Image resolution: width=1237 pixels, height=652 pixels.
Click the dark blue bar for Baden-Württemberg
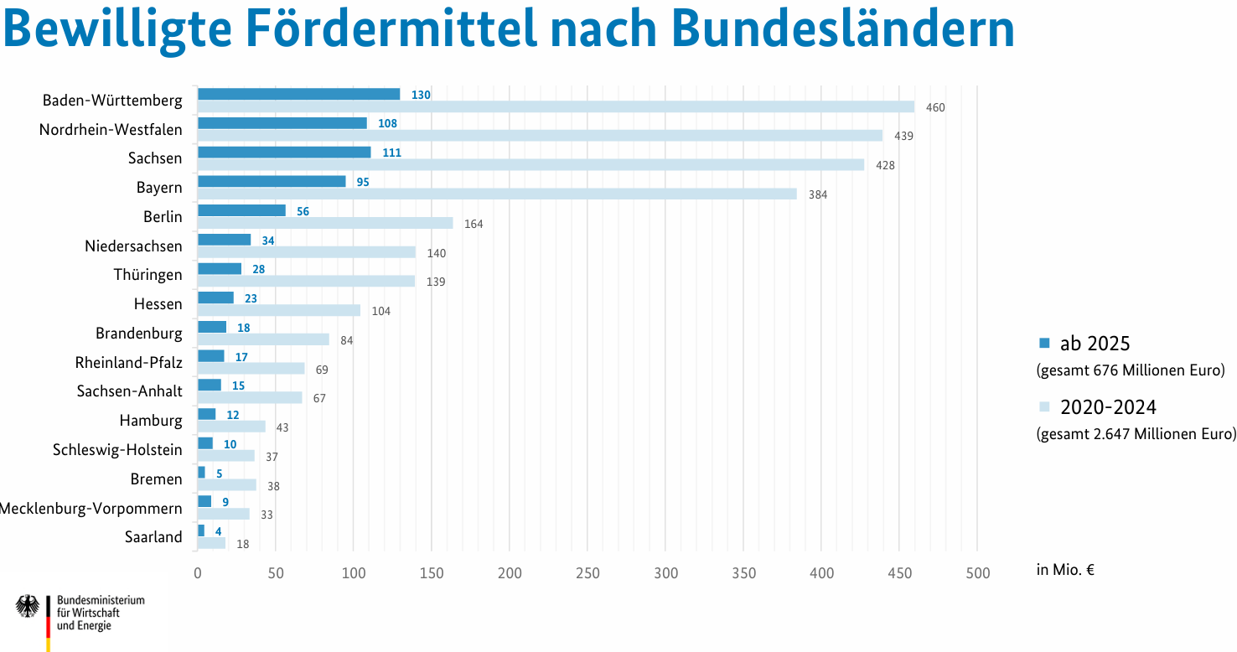298,95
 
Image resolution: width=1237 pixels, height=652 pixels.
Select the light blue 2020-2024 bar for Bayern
497,194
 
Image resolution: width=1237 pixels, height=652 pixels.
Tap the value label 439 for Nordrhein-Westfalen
903,136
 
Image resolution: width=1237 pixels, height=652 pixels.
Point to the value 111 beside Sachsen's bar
391,153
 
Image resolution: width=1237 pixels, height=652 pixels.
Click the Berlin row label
163,216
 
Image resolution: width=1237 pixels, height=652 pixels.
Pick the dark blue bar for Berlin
241,210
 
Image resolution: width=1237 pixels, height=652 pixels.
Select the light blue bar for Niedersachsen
307,252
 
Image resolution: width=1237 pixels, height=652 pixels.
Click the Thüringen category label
148,274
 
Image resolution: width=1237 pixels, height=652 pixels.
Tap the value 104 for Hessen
381,312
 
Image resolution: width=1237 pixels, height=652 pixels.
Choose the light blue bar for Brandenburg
263,339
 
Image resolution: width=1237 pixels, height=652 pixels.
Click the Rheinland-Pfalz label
129,363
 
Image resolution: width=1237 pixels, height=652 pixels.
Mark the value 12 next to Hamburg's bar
232,415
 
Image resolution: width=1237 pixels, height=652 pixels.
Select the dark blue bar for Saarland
201,530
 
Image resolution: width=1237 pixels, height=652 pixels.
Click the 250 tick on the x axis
587,573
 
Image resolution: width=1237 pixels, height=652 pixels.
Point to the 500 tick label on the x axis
977,573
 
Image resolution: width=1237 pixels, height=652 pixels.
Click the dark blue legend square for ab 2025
1044,344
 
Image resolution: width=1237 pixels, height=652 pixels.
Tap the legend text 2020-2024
1108,407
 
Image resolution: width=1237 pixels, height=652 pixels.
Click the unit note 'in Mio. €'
1065,570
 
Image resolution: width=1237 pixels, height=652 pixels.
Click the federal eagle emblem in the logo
28,606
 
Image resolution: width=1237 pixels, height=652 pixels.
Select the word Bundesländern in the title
843,28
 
